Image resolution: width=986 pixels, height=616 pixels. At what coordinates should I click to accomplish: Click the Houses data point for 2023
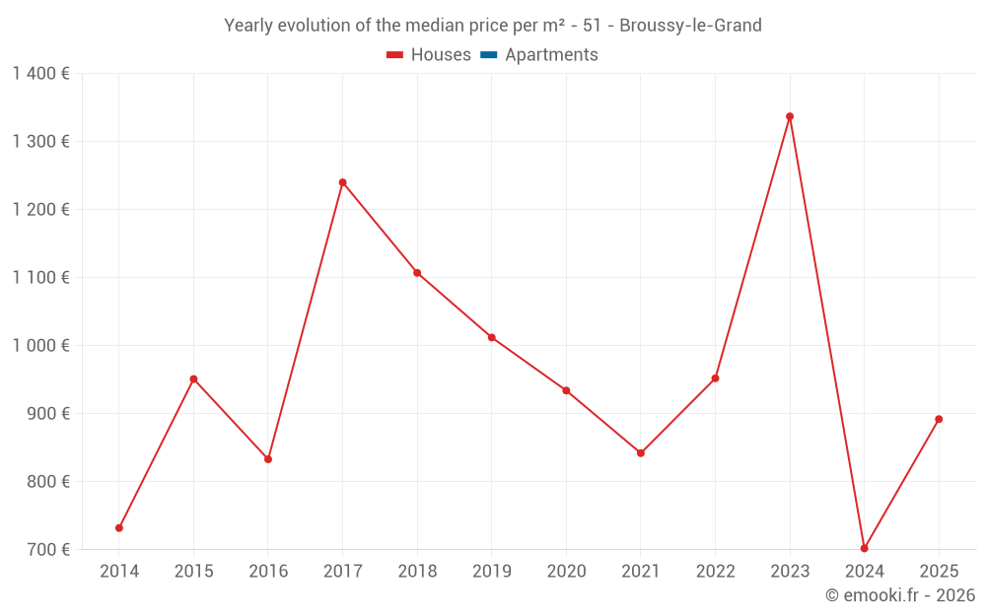(x=790, y=116)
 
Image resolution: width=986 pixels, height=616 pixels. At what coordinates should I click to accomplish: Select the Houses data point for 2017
(x=342, y=182)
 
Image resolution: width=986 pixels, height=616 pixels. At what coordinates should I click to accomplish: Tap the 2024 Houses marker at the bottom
(x=864, y=548)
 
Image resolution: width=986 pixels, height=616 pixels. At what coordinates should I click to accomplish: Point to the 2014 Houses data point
(x=119, y=528)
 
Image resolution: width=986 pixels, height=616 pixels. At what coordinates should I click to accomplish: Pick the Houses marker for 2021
(x=641, y=453)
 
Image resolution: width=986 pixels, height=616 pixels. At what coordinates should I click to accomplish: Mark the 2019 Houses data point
(x=491, y=337)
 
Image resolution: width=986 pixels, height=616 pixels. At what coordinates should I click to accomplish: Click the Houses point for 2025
(x=939, y=419)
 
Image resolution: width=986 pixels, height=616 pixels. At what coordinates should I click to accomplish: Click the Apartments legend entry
(x=551, y=55)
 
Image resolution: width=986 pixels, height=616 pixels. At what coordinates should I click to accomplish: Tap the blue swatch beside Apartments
(x=488, y=55)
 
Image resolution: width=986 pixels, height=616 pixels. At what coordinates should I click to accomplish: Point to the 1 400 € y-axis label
(x=40, y=74)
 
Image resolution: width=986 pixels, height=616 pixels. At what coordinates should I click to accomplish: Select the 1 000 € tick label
(x=40, y=346)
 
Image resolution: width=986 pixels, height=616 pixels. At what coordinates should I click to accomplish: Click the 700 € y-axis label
(x=46, y=550)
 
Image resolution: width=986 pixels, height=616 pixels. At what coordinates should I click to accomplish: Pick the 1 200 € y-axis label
(x=40, y=210)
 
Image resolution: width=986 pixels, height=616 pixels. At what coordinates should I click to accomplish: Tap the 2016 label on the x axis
(x=268, y=572)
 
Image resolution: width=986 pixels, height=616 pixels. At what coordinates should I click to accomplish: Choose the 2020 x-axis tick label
(x=566, y=572)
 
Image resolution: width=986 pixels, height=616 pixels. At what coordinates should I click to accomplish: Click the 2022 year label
(x=715, y=572)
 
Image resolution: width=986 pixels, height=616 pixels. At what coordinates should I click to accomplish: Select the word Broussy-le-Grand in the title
(x=690, y=26)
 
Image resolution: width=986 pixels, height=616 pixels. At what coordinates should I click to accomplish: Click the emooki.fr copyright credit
(x=900, y=595)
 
